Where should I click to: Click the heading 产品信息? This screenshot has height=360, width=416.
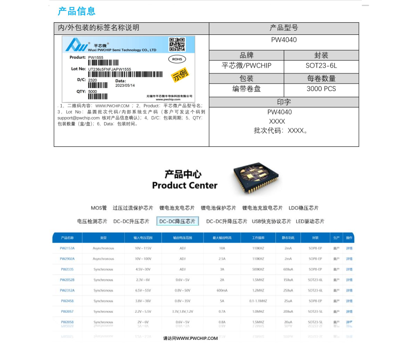[76, 11]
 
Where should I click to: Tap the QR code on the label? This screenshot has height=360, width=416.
[177, 44]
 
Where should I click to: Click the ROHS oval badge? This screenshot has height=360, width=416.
[177, 60]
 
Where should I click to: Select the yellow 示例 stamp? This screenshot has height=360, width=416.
[181, 76]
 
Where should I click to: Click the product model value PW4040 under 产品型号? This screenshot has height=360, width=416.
[284, 40]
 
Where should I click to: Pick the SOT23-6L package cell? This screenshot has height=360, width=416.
[321, 66]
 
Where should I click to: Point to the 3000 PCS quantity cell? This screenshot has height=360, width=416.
[321, 89]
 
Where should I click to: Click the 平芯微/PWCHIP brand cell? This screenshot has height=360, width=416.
[246, 66]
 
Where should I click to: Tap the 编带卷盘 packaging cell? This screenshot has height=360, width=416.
[246, 89]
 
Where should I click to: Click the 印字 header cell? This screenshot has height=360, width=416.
[284, 102]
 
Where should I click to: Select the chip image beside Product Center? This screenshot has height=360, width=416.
[255, 179]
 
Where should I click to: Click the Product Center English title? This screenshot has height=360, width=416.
[185, 185]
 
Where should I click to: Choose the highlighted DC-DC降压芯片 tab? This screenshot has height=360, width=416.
[178, 222]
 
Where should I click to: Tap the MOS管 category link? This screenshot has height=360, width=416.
[99, 208]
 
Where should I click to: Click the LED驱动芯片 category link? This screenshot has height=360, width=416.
[310, 222]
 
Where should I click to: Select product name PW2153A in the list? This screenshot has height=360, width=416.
[67, 248]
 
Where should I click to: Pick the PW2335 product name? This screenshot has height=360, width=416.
[67, 269]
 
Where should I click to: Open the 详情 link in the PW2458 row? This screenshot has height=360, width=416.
[349, 301]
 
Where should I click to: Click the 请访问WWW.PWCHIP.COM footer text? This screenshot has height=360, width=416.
[191, 338]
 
